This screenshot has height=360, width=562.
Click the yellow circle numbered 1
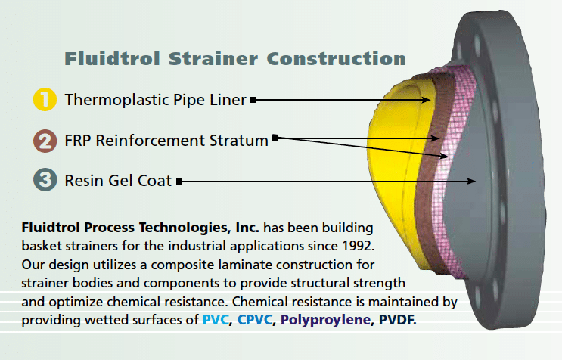[x=45, y=99]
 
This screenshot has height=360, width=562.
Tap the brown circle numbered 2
[x=45, y=141]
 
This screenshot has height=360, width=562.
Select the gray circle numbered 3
[x=45, y=179]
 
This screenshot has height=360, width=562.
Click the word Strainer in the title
[x=213, y=58]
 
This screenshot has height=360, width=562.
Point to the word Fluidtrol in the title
[x=112, y=58]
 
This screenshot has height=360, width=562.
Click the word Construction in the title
[x=336, y=58]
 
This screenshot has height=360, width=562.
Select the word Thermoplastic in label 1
[x=116, y=100]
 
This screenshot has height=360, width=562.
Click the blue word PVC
[x=216, y=319]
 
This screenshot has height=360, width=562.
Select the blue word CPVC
[x=254, y=319]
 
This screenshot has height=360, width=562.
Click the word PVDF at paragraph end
[x=397, y=319]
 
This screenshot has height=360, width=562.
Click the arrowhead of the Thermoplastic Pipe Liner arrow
[x=426, y=100]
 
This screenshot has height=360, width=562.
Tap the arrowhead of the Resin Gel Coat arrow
[x=471, y=182]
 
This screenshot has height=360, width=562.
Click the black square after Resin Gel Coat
[x=179, y=182]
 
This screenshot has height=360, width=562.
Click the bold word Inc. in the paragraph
[x=247, y=228]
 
